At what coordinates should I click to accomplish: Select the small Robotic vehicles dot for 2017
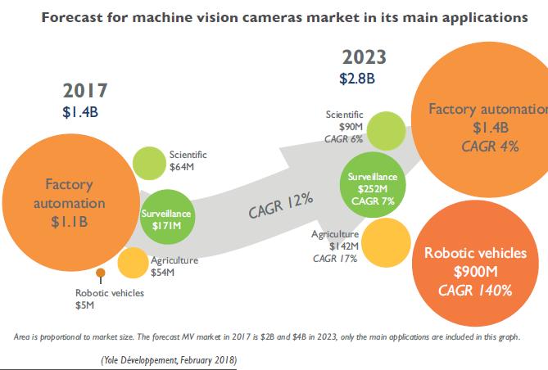tap(101, 273)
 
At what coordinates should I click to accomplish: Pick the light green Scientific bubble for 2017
tap(150, 163)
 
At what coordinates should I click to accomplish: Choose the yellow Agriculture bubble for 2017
tap(132, 263)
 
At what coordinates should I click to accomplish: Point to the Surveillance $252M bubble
tap(373, 188)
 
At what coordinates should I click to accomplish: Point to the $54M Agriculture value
tap(164, 272)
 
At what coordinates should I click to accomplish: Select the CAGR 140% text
tap(474, 290)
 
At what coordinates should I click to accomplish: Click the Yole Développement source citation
tap(170, 359)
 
